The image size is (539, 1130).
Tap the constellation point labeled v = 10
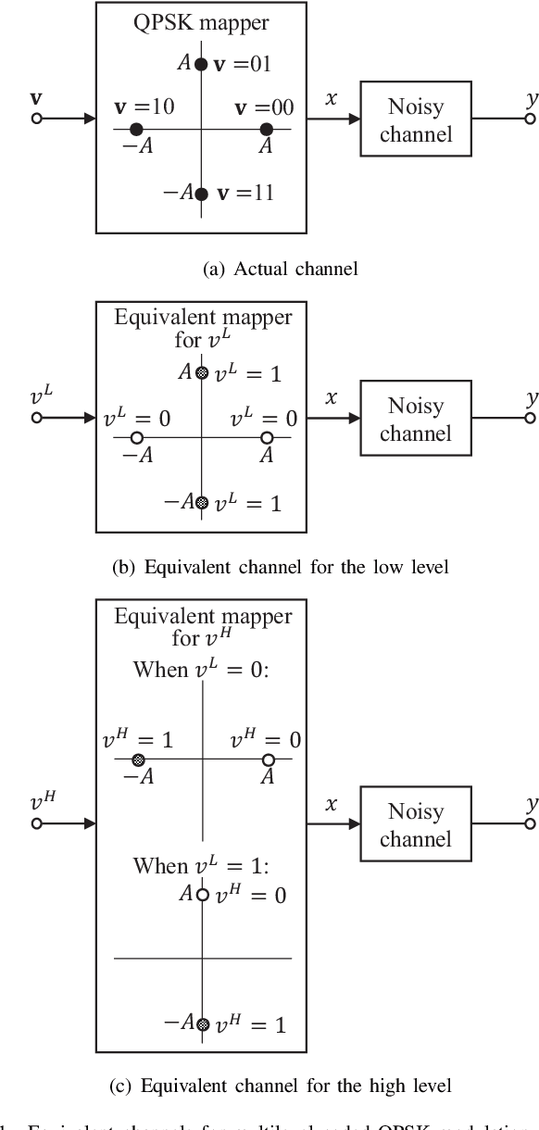point(136,129)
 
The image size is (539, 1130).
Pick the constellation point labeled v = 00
point(267,129)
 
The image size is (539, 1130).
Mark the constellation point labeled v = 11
point(201,194)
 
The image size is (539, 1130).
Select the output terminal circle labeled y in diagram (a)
point(530,119)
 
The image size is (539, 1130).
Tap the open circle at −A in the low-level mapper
point(136,437)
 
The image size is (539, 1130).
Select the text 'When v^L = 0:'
point(201,669)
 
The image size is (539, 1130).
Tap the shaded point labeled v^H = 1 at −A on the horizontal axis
point(138,760)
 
